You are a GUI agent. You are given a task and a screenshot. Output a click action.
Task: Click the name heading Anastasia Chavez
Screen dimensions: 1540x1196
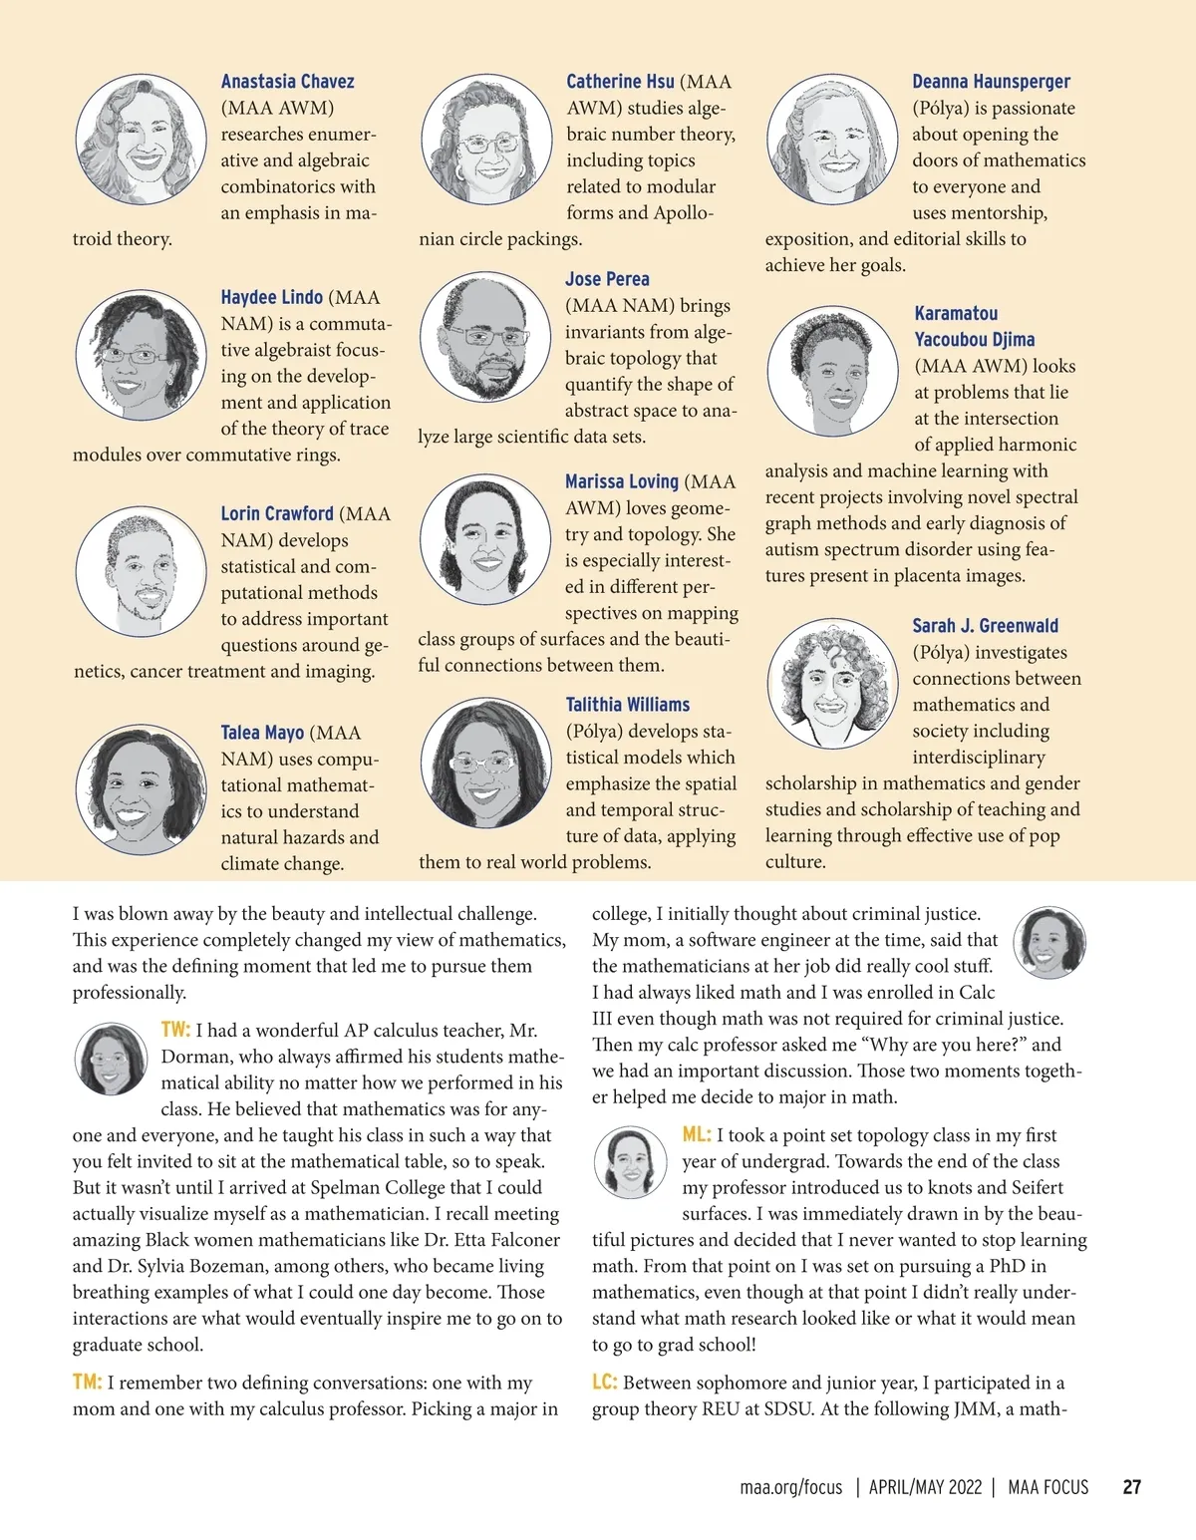(x=287, y=82)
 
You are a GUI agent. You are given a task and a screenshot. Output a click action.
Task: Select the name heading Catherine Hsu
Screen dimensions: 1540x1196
(x=620, y=82)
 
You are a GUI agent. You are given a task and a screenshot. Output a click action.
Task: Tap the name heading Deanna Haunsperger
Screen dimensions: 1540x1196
(x=991, y=82)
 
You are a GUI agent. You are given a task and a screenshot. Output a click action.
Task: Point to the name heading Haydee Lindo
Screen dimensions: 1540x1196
(x=271, y=297)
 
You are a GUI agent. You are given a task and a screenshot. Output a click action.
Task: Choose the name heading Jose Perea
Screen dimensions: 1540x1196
(x=607, y=279)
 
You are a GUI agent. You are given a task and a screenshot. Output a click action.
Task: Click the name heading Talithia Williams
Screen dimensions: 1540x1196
(x=628, y=705)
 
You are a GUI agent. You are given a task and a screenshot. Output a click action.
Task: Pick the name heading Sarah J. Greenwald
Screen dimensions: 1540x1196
(x=985, y=626)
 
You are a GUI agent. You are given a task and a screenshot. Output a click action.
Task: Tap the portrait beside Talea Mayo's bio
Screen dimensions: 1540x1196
(x=141, y=789)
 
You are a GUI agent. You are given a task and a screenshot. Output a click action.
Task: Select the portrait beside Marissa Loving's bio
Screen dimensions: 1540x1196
(x=485, y=539)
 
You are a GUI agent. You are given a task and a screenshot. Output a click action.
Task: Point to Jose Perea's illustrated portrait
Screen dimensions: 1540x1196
(x=485, y=339)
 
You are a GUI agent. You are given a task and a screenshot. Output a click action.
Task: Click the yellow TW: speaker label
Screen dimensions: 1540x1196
(x=175, y=1029)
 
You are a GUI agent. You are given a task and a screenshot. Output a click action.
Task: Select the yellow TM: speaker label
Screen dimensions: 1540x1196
(x=87, y=1382)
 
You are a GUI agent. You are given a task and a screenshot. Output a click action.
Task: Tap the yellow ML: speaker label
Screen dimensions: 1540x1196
(x=696, y=1134)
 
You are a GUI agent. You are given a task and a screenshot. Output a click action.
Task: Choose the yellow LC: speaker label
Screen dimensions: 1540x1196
(x=605, y=1382)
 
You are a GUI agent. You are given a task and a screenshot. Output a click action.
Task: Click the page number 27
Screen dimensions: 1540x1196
(x=1131, y=1487)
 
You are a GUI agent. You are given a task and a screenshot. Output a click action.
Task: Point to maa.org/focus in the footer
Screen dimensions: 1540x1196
(x=790, y=1487)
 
